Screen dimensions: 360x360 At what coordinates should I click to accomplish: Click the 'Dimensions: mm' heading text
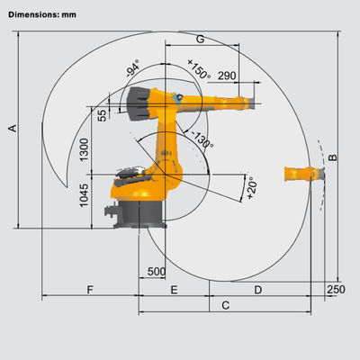coord(42,14)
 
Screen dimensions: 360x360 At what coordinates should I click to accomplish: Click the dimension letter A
coord(13,129)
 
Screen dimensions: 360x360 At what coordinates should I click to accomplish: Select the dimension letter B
coord(333,157)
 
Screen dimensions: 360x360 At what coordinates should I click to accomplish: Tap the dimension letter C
coord(226,305)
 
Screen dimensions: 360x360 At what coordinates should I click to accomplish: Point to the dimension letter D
coord(258,290)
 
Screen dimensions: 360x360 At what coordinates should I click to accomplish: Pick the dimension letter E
coord(174,290)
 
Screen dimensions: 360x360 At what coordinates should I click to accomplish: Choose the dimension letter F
coord(90,290)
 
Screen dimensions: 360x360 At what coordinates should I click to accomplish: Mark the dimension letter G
coord(200,39)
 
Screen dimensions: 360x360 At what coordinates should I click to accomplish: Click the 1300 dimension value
coord(85,149)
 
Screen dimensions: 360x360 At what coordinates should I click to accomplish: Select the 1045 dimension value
coord(85,195)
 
